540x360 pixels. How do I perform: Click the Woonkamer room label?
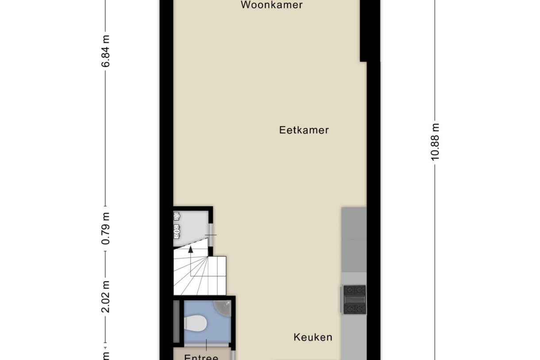pyautogui.click(x=272, y=5)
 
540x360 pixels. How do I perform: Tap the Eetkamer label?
pyautogui.click(x=304, y=130)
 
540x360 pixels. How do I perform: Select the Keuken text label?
pyautogui.click(x=312, y=337)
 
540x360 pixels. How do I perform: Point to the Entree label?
pyautogui.click(x=201, y=357)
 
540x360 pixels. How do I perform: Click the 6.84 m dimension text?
pyautogui.click(x=106, y=51)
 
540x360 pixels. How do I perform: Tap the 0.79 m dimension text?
pyautogui.click(x=106, y=228)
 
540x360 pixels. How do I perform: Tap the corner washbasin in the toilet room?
pyautogui.click(x=222, y=306)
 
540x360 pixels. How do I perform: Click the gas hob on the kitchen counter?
pyautogui.click(x=355, y=299)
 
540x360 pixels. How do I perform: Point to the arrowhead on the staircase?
pyautogui.click(x=191, y=249)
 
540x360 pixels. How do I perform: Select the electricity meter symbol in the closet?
pyautogui.click(x=177, y=217)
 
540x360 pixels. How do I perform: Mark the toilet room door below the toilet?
pyautogui.click(x=206, y=344)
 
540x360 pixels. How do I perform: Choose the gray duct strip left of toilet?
pyautogui.click(x=177, y=321)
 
